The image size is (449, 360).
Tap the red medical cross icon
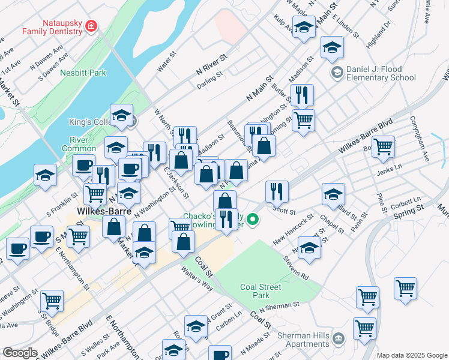(91, 26)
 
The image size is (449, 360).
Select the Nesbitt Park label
(83, 73)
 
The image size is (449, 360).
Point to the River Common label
(75, 144)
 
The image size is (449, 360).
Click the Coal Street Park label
(261, 291)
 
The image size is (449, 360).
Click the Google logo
(20, 353)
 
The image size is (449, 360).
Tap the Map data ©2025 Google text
(411, 355)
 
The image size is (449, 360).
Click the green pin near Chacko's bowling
(253, 220)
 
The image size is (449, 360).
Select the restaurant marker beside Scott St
(277, 191)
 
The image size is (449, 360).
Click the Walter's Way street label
(197, 278)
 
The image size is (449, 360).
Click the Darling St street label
(209, 79)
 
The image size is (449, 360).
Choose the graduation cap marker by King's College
(121, 115)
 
